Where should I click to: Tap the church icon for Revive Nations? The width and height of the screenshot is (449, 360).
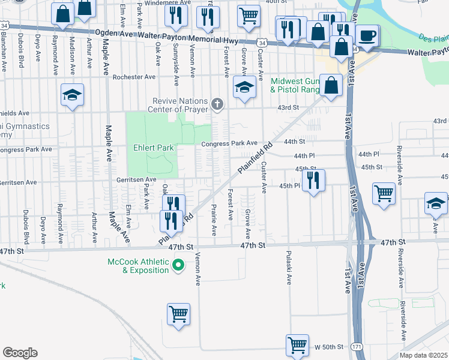[x=217, y=106]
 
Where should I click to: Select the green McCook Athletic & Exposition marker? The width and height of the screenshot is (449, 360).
[x=178, y=264]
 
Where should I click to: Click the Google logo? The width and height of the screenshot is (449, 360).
[x=20, y=353]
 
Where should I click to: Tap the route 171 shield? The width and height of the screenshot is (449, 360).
[x=357, y=347]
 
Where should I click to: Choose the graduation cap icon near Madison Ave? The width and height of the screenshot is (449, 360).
[x=73, y=95]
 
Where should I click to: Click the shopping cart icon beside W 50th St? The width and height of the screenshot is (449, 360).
[x=297, y=344]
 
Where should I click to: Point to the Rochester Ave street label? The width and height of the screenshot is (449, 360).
[x=134, y=77]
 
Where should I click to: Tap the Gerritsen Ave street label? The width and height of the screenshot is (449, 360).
[x=137, y=179]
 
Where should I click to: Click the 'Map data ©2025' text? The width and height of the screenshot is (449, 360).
[x=424, y=355]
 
